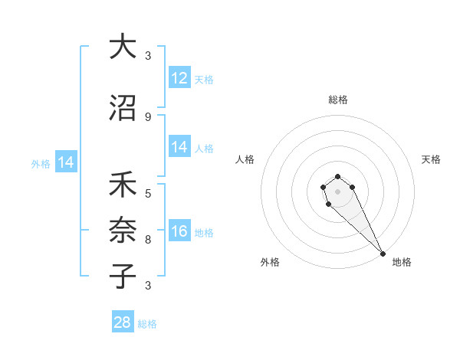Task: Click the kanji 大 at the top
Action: (122, 47)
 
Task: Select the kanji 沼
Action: (122, 108)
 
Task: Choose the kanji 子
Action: (122, 277)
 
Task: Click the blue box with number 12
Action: (179, 78)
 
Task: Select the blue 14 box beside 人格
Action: (179, 147)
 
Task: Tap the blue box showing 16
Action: (179, 231)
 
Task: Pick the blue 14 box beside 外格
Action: (66, 162)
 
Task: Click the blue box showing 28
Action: (123, 322)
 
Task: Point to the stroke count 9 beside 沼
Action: (148, 116)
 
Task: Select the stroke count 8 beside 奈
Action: (148, 239)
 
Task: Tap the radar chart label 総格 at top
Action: (338, 100)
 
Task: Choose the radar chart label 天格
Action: (431, 159)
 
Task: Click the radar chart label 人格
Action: (245, 159)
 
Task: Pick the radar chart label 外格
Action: (270, 262)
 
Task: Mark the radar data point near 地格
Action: (383, 254)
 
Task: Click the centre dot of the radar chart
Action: (337, 191)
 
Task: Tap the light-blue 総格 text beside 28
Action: (147, 324)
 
